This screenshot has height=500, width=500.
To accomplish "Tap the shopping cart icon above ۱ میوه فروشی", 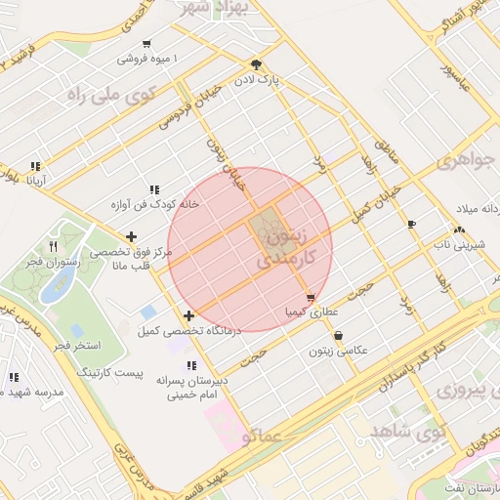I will coord(146,43).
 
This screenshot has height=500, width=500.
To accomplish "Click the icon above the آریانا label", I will coord(36,166).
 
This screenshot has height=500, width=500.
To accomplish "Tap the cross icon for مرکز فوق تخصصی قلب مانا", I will coord(131,235).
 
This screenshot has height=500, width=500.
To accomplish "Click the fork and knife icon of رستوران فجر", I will coord(53,246).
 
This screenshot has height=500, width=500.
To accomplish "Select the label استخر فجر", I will coord(73,346).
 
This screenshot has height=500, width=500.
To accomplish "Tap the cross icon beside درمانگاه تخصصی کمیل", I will coord(188,315).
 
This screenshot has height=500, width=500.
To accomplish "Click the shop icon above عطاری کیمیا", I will coord(311,298).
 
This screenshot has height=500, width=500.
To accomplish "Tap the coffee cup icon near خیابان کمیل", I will coord(411,224).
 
